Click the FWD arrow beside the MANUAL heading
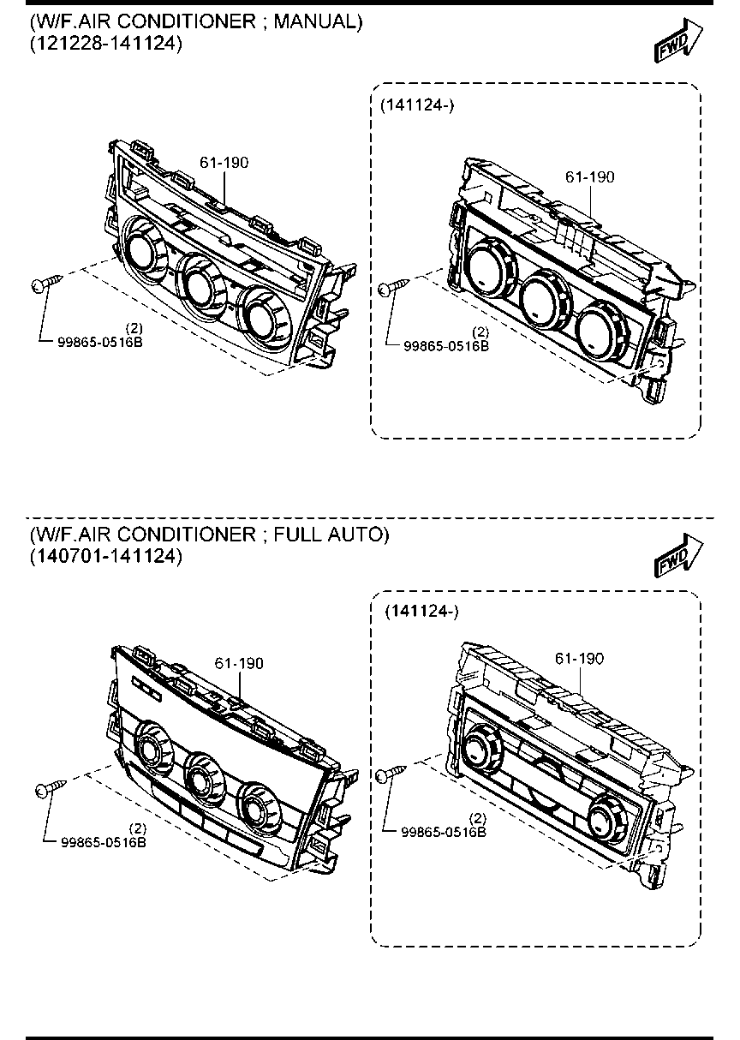click(678, 40)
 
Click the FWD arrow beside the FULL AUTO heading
click(678, 555)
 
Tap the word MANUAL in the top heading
click(318, 21)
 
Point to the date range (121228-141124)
click(106, 44)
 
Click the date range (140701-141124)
click(106, 556)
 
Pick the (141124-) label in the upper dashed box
click(417, 105)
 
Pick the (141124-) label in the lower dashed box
click(421, 612)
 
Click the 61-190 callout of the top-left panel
click(224, 163)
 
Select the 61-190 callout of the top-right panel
click(589, 176)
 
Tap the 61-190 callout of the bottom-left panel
click(239, 663)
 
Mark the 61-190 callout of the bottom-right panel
click(579, 659)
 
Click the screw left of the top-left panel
click(46, 284)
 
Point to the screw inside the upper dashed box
click(394, 287)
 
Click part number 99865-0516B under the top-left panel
click(100, 343)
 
